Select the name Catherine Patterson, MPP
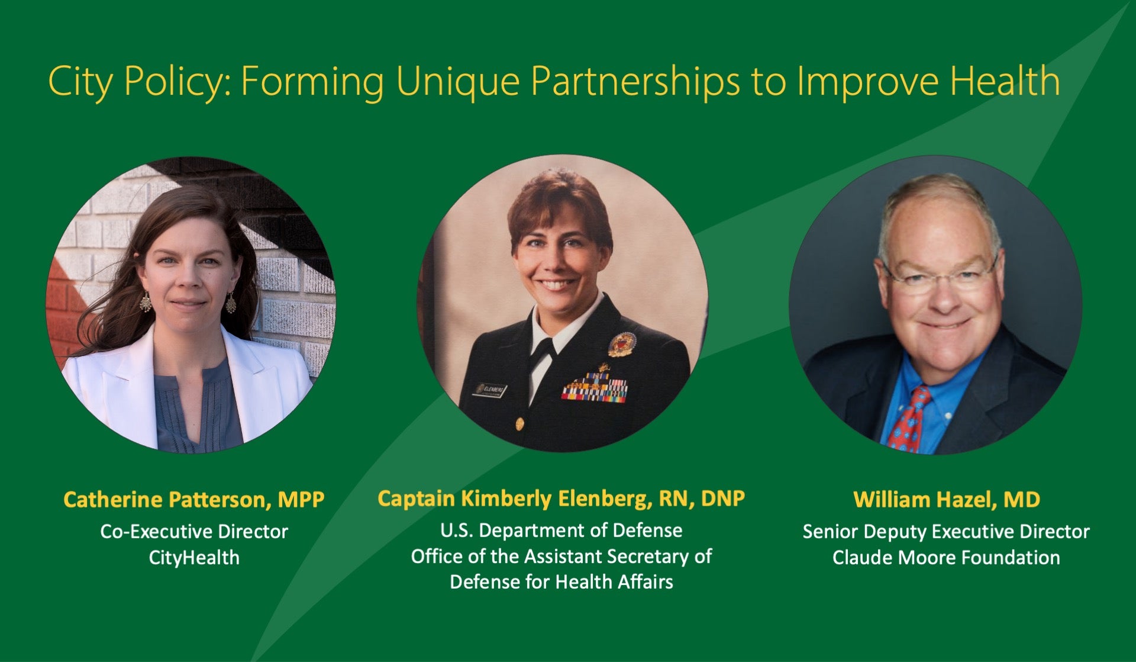pos(194,500)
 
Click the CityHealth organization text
pos(194,558)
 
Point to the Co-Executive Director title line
pos(194,531)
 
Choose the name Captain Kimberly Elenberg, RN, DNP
pos(561,499)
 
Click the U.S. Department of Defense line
pos(561,530)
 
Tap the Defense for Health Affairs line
pos(561,582)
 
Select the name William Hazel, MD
pos(947,500)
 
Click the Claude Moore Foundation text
pos(947,558)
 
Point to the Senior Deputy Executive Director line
pos(947,532)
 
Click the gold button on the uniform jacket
pos(519,424)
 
